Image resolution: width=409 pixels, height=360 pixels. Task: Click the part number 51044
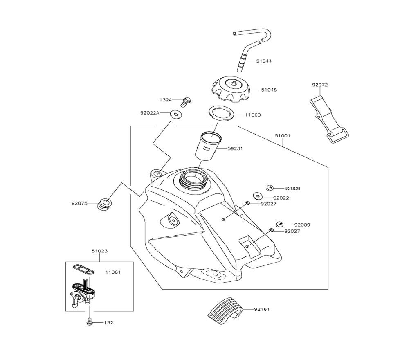click(264, 61)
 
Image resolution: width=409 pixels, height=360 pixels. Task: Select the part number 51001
click(283, 135)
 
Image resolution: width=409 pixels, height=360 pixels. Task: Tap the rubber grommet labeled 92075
click(105, 203)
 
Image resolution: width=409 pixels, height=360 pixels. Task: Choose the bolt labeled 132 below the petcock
click(89, 322)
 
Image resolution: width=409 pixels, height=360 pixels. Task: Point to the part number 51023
click(99, 251)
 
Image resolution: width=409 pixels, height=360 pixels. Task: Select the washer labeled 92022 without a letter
click(258, 196)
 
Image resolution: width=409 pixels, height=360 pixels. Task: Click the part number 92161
click(262, 310)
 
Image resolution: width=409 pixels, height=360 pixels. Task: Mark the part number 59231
click(235, 148)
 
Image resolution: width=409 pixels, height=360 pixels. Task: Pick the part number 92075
click(80, 202)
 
